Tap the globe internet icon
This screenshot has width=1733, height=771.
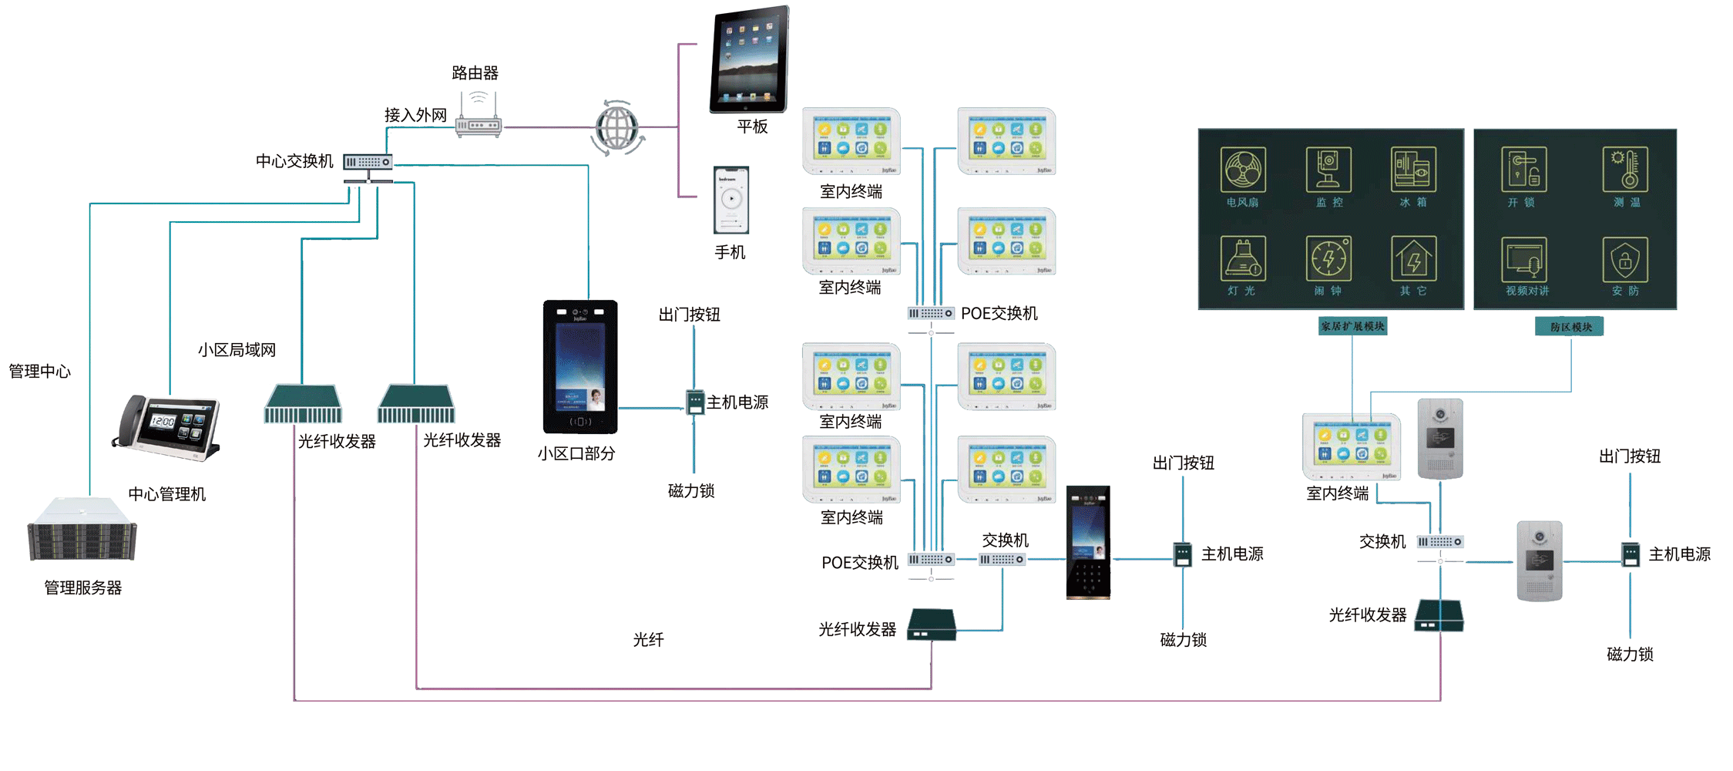click(x=617, y=128)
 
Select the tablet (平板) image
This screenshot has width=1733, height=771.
click(x=750, y=59)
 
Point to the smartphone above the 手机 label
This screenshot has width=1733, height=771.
click(x=730, y=200)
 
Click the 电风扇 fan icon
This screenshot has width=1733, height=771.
click(x=1243, y=170)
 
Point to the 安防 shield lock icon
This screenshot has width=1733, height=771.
click(x=1625, y=260)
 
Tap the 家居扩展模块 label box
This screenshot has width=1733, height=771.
click(x=1352, y=327)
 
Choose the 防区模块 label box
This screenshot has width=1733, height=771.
click(x=1570, y=328)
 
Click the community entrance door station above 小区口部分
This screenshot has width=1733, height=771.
click(x=580, y=367)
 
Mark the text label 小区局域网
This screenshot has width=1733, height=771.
click(x=237, y=350)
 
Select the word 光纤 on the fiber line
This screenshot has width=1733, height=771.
click(x=648, y=640)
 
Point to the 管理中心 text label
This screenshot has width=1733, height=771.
click(x=39, y=372)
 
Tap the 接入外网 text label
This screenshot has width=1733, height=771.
click(x=415, y=116)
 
